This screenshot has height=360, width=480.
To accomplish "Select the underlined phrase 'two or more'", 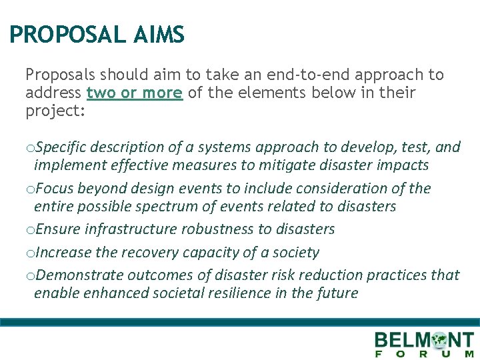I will coord(135,93).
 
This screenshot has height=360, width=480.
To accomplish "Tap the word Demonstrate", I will coord(78,275).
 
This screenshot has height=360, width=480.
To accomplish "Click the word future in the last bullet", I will coord(338,293).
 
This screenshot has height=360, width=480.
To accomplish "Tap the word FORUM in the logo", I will coord(425,354).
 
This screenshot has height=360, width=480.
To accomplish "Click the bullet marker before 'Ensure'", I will coord(29,230).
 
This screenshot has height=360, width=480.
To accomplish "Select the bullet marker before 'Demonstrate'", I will coord(29,276).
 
